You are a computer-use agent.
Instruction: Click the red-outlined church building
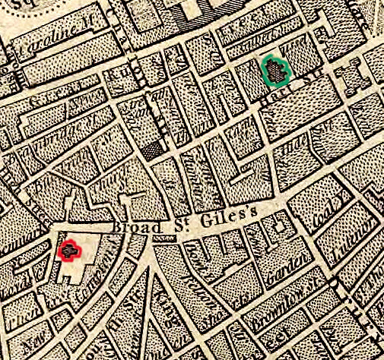tap(70, 249)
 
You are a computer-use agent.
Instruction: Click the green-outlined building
tap(277, 71)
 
